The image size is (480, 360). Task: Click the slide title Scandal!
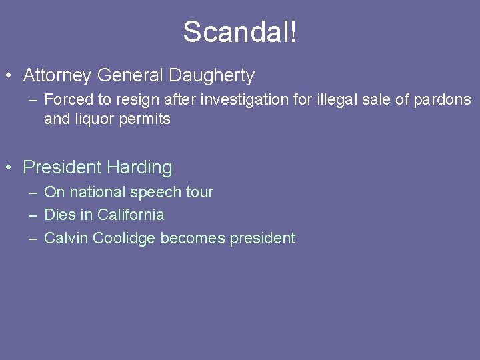click(240, 31)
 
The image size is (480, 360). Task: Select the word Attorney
click(56, 76)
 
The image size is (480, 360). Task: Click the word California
click(131, 215)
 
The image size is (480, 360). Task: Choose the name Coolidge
click(125, 238)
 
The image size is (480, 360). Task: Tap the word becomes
click(193, 238)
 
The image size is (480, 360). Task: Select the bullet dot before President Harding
click(9, 168)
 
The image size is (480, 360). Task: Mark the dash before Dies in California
click(33, 215)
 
